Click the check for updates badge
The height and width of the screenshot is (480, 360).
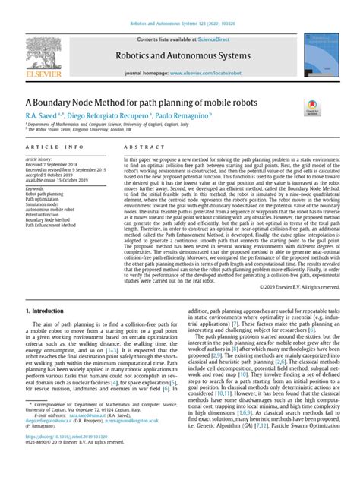click(311, 108)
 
